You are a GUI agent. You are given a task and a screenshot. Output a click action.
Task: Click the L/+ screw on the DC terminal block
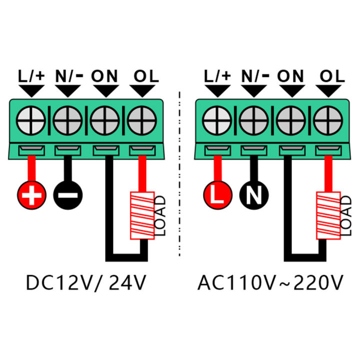[31, 120]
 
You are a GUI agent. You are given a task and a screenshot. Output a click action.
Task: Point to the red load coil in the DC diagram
[143, 215]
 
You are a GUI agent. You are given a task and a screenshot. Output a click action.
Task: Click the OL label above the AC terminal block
[332, 76]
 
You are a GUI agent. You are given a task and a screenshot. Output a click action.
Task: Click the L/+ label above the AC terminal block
[217, 76]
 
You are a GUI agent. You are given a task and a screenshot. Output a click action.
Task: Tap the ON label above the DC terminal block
[104, 76]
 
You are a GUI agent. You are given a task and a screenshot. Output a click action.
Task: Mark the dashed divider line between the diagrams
[179, 175]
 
